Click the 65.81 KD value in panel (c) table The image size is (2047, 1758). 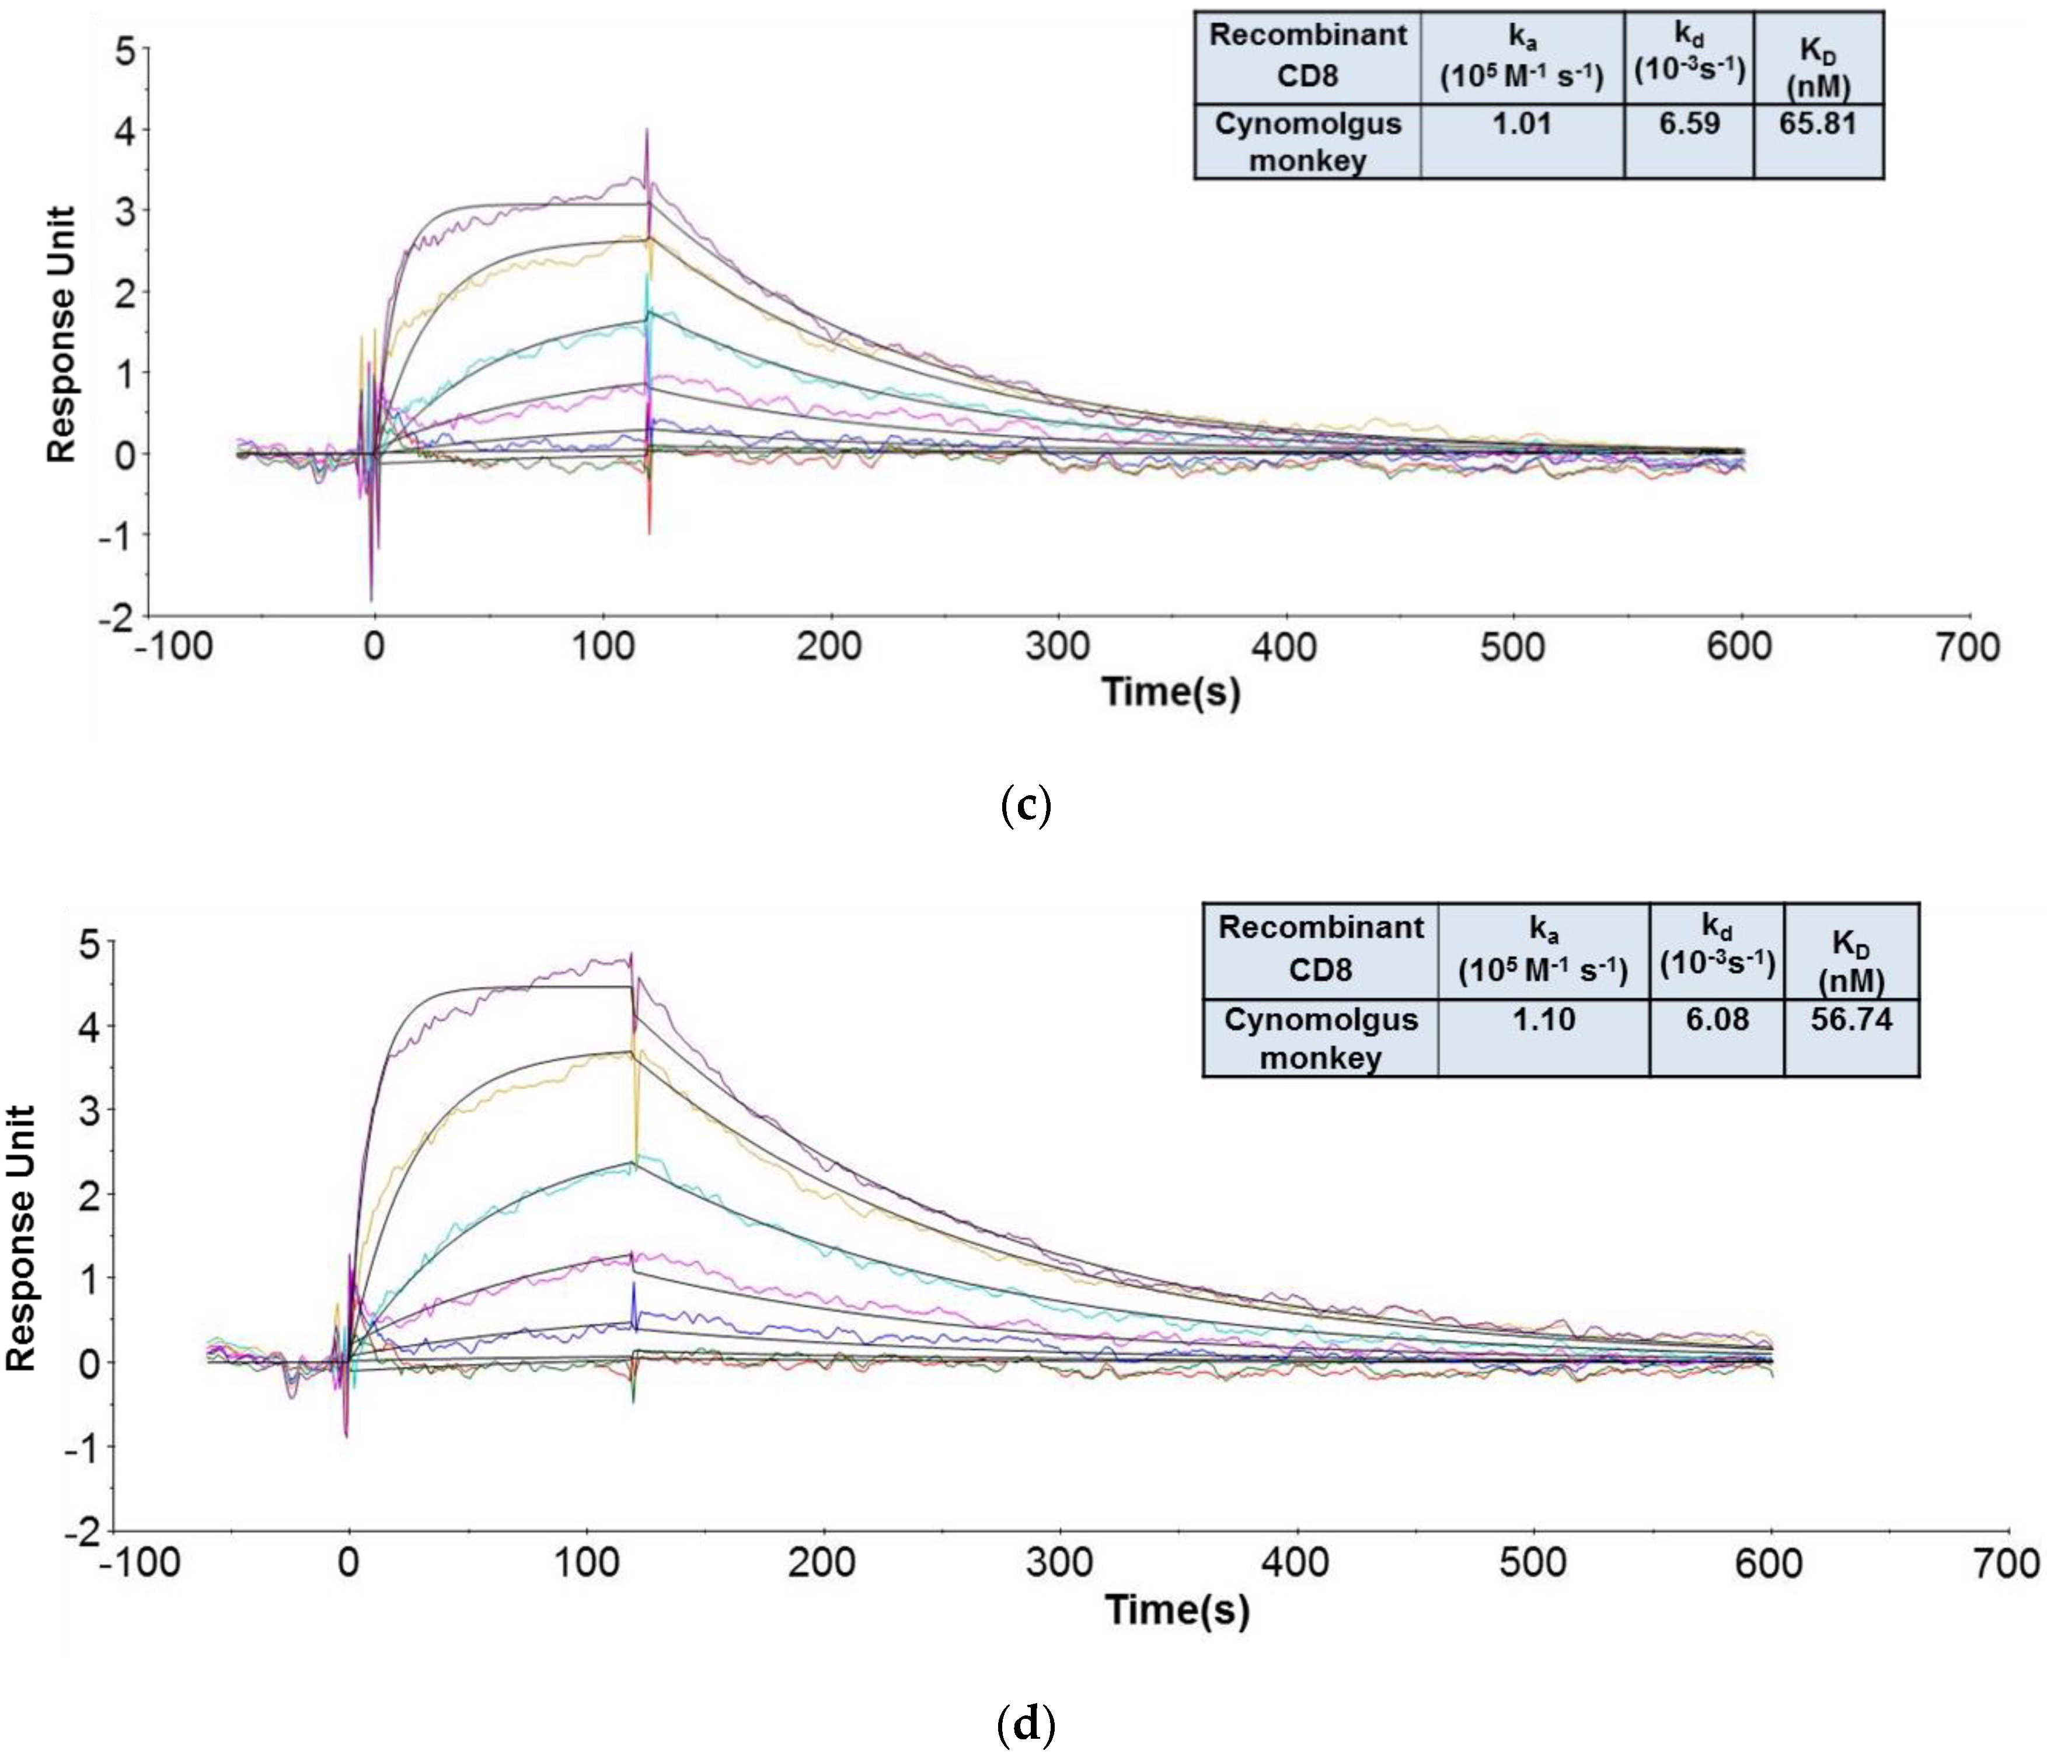(1818, 124)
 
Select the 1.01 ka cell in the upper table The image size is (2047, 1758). (1522, 124)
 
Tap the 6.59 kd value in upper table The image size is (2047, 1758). (1689, 124)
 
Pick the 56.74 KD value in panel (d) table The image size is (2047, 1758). (1851, 1019)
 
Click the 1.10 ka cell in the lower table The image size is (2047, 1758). (1543, 1019)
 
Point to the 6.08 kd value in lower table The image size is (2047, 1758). (1717, 1019)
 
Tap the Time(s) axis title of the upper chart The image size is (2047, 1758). (1171, 691)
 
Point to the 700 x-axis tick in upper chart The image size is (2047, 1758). (1969, 647)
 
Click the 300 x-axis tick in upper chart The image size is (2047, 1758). (1057, 647)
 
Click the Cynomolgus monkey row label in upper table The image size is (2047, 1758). (1307, 141)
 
